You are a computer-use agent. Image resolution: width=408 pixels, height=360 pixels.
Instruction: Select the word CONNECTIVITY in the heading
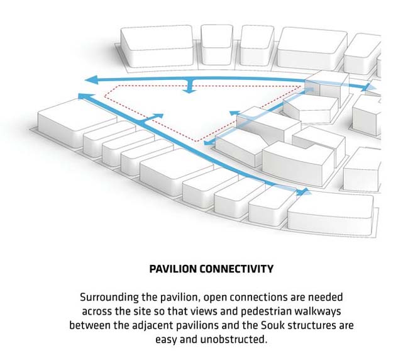234,269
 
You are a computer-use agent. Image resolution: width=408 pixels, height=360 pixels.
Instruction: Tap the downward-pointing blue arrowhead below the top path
187,91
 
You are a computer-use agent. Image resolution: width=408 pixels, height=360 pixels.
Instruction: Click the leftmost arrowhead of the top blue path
91,79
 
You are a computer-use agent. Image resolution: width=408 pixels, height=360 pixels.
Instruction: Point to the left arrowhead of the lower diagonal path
80,95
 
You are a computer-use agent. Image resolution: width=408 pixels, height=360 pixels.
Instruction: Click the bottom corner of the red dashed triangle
196,144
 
